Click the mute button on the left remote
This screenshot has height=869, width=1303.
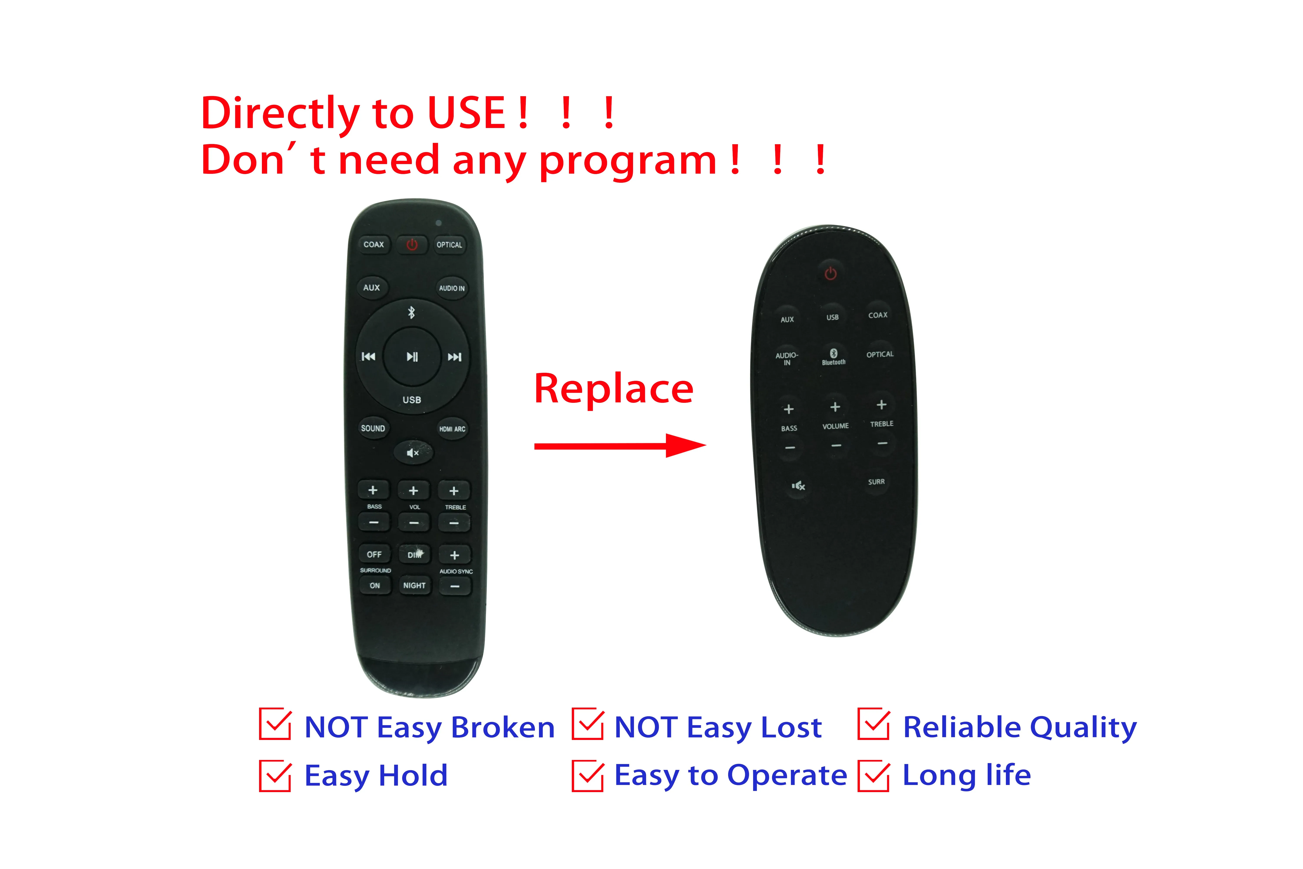(x=413, y=453)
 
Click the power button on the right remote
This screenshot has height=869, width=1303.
(x=830, y=273)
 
